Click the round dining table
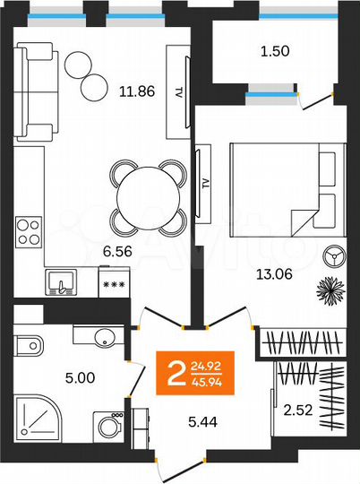147,193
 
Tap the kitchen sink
61,283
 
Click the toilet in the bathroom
28,342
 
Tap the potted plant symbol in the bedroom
330,290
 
